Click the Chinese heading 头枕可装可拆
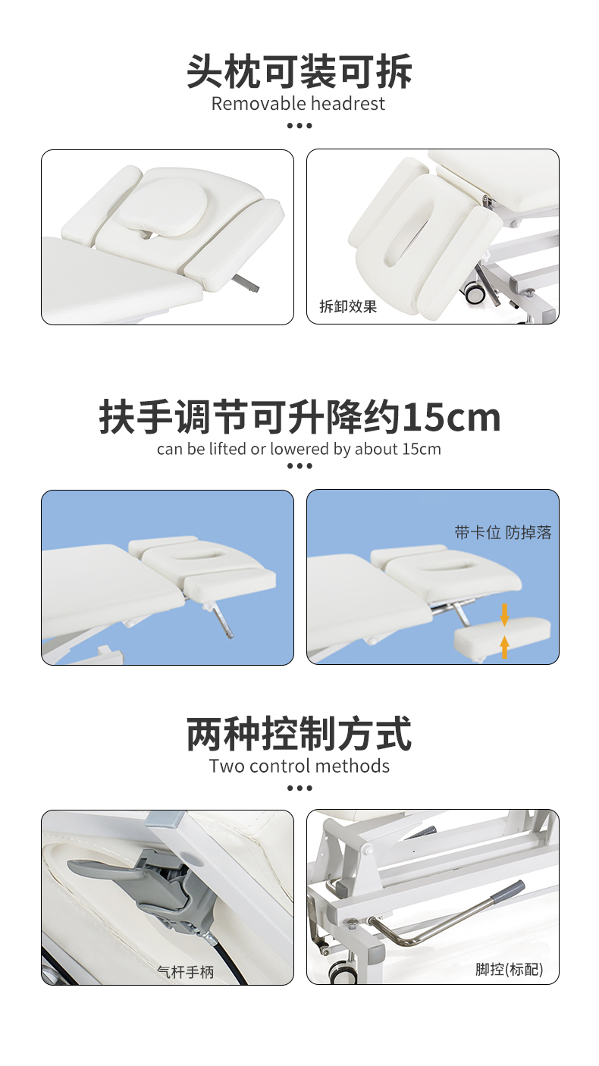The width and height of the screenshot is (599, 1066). [x=299, y=72]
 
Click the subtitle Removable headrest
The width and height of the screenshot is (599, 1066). [x=298, y=104]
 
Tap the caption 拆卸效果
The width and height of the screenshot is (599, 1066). [x=348, y=306]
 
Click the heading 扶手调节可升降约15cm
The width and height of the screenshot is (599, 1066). [x=299, y=418]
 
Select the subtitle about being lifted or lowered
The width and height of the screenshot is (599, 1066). [x=299, y=449]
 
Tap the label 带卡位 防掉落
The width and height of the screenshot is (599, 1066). [x=503, y=532]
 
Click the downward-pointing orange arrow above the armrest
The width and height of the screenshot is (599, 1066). [x=505, y=614]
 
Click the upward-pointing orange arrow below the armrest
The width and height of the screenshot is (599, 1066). [x=505, y=647]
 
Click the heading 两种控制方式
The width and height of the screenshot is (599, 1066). [x=299, y=734]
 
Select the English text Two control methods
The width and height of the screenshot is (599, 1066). [x=299, y=766]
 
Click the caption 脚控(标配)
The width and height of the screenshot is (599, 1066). [x=510, y=969]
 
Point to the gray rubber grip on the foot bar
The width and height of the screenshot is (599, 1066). [x=507, y=892]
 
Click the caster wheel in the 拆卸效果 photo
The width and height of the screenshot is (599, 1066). [x=475, y=293]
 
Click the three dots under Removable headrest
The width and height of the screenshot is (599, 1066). [x=299, y=125]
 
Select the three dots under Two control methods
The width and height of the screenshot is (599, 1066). [x=299, y=788]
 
